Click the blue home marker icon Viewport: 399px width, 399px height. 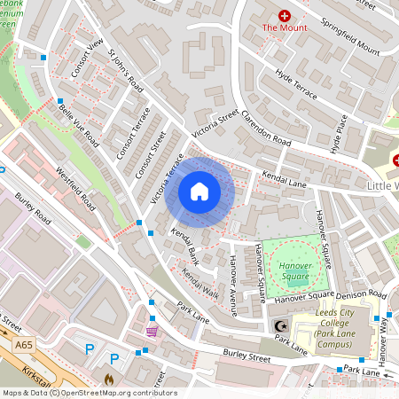coord(199,192)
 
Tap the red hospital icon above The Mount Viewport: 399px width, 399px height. coord(285,15)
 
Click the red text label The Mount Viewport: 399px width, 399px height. coord(285,28)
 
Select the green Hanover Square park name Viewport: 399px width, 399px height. coord(295,270)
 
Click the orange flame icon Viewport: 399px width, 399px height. coord(109,379)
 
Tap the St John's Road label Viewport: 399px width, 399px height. coord(125,71)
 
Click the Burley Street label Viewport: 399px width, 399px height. coord(246,360)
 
